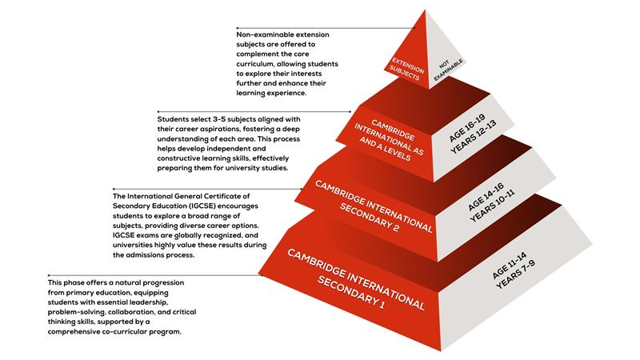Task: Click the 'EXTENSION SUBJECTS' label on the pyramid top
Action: point(406,69)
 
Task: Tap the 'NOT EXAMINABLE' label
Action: point(448,70)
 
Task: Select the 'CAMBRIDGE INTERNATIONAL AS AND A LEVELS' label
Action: point(389,140)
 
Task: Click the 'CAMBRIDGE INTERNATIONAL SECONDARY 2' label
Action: point(374,207)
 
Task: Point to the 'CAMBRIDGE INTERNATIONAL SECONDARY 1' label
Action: point(356,279)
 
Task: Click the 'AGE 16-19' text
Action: point(467,128)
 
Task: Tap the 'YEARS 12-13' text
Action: point(474,137)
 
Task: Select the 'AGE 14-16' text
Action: point(486,197)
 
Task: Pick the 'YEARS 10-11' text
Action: point(492,206)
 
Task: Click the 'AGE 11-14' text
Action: point(509,266)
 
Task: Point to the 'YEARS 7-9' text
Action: point(515,274)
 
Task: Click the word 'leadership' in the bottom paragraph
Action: point(147,302)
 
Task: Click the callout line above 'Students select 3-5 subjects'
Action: point(254,111)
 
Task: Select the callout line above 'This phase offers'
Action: point(155,275)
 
